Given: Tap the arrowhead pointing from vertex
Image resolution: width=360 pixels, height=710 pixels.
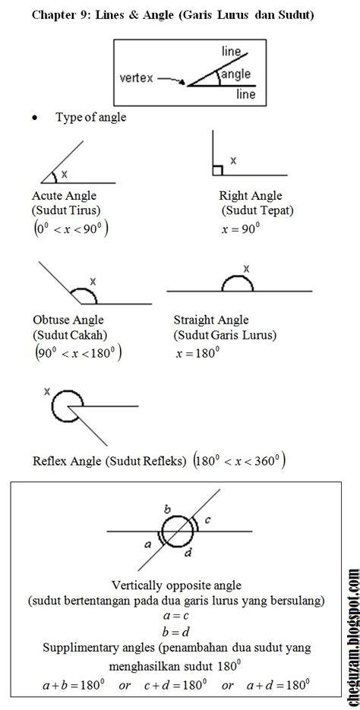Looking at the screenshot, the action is (x=182, y=83).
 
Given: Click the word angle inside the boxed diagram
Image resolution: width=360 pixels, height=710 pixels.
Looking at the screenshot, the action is (x=235, y=74).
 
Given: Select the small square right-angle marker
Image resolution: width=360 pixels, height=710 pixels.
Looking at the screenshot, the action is (x=217, y=170).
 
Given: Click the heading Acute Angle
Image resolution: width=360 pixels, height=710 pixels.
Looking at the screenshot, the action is (x=64, y=196).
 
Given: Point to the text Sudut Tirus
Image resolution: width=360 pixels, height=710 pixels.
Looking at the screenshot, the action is (x=67, y=210).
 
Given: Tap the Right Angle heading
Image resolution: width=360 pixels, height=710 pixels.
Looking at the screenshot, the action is (x=251, y=196).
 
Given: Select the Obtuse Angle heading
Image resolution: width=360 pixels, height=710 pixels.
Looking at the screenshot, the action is (x=68, y=320).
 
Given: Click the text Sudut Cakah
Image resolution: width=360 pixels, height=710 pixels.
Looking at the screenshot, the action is (x=70, y=336).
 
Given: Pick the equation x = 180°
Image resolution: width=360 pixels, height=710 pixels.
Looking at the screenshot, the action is (x=197, y=353).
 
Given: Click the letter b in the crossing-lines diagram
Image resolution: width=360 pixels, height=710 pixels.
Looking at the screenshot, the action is (x=166, y=509).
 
